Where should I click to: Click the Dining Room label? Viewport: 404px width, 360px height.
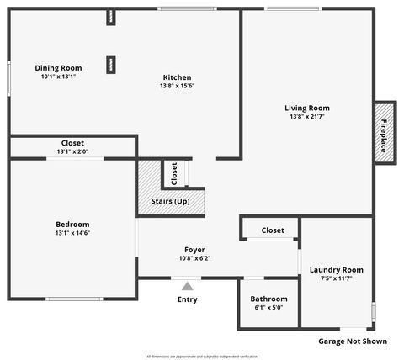(58, 67)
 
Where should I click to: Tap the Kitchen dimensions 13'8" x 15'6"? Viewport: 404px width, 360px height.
(177, 86)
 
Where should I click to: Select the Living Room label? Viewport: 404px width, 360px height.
(306, 108)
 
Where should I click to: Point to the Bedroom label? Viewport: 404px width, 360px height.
(72, 224)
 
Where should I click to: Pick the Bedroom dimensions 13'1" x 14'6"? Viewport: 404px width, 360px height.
(72, 233)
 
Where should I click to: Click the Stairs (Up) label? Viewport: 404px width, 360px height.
(170, 201)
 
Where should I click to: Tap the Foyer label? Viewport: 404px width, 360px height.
(194, 250)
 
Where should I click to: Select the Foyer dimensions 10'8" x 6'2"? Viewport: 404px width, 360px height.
(194, 259)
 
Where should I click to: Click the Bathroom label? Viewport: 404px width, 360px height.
(268, 299)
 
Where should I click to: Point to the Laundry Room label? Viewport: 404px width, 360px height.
(336, 269)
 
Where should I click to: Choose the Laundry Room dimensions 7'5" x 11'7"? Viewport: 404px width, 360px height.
(336, 278)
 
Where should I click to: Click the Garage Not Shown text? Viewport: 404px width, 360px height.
(353, 341)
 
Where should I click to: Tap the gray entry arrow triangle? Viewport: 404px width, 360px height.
(187, 286)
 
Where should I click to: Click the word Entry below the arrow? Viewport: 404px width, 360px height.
(187, 299)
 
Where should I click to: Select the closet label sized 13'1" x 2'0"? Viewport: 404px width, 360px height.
(72, 143)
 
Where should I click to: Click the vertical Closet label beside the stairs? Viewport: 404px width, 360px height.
(174, 173)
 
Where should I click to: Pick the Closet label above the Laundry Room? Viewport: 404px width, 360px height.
(273, 230)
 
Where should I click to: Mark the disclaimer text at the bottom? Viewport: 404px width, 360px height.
(201, 356)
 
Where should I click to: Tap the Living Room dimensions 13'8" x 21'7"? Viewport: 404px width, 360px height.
(306, 117)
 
